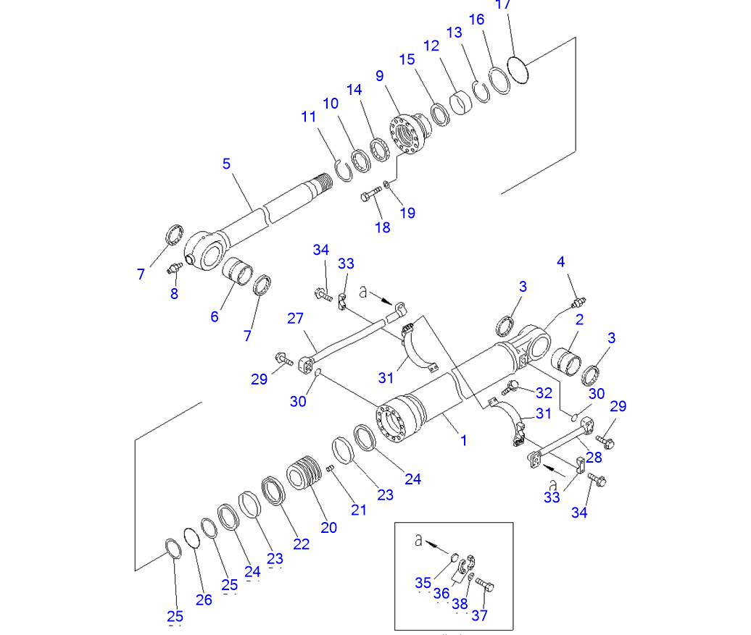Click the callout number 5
(227, 164)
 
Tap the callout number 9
(380, 75)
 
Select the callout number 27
(296, 318)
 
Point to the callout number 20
(329, 527)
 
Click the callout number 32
(544, 393)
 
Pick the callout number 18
(383, 227)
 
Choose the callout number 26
(204, 600)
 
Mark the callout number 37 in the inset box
(479, 615)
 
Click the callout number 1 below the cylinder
(464, 440)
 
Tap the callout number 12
(431, 46)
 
